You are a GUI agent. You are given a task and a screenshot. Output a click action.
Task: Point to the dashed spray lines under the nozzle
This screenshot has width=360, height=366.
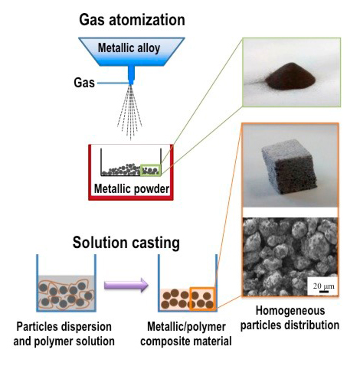pyautogui.click(x=130, y=115)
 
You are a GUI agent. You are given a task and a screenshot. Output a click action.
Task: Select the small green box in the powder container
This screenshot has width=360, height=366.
pyautogui.click(x=152, y=170)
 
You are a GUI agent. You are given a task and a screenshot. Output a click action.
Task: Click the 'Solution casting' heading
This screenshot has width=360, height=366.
pyautogui.click(x=126, y=243)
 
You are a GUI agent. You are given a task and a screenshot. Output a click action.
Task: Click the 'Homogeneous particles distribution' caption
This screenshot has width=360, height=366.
pyautogui.click(x=291, y=319)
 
